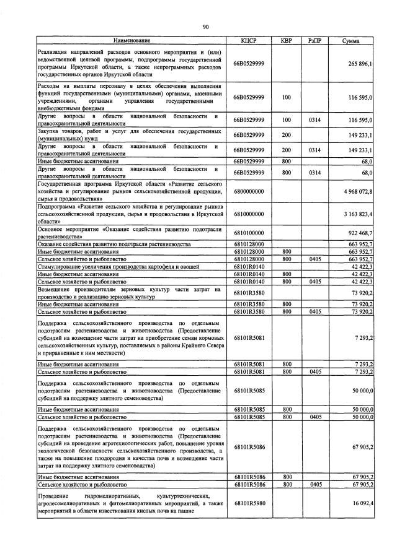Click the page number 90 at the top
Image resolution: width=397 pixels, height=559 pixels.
coord(205,26)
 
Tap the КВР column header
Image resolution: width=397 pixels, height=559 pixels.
coord(286,41)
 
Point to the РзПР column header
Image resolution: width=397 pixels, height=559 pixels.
coord(314,41)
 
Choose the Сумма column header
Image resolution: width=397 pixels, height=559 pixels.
coord(352,41)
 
